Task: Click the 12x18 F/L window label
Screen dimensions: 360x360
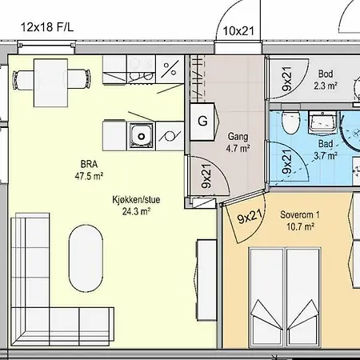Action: click(x=47, y=27)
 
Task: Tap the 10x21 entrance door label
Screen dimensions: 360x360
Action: click(x=238, y=31)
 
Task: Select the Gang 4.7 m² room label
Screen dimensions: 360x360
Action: click(x=238, y=142)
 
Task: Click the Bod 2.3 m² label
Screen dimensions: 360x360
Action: click(x=326, y=79)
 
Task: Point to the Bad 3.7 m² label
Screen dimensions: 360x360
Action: click(x=326, y=150)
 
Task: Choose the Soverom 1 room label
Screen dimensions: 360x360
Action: click(x=300, y=221)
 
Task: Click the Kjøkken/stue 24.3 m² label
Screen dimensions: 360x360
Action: click(x=136, y=206)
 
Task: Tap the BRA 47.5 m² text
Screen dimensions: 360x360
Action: click(x=89, y=170)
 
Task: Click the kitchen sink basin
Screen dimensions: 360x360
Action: click(x=142, y=136)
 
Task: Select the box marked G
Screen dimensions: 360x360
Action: click(x=202, y=122)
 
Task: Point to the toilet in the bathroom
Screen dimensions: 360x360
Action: click(x=291, y=122)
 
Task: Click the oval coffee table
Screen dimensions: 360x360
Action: click(x=86, y=259)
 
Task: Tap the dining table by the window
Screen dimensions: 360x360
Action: click(x=50, y=83)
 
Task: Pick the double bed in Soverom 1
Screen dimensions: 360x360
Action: click(x=285, y=298)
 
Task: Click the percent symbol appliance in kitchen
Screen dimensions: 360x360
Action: click(x=170, y=69)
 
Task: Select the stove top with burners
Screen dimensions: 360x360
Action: click(x=141, y=69)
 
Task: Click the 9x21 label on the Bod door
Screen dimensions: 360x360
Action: click(x=287, y=79)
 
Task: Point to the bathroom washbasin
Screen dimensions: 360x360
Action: click(x=322, y=122)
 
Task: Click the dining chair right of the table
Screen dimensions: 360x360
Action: click(x=78, y=79)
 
